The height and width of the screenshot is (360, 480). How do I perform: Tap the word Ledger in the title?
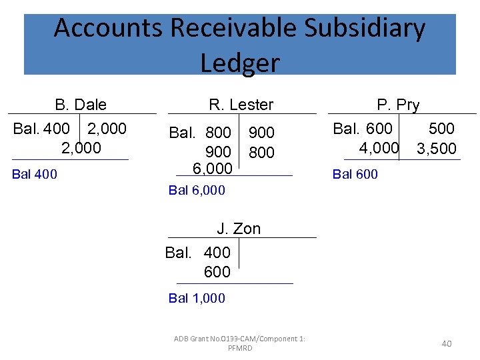click(x=239, y=63)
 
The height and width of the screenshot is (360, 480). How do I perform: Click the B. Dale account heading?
click(x=81, y=105)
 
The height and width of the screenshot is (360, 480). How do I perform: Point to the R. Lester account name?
click(x=241, y=105)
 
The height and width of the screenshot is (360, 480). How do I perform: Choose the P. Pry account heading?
click(x=398, y=105)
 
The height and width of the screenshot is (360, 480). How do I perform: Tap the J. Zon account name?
click(x=239, y=229)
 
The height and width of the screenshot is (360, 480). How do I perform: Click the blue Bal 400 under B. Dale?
click(x=35, y=175)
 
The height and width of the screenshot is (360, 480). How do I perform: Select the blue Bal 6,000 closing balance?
click(x=197, y=191)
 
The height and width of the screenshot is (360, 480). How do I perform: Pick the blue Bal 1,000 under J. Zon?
click(x=197, y=299)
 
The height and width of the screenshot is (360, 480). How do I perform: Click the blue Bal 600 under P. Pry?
click(x=355, y=175)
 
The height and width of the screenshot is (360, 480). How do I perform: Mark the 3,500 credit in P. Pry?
click(x=437, y=149)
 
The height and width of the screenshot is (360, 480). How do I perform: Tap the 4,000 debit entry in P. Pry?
click(x=379, y=147)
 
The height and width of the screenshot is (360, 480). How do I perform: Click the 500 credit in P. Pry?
click(x=441, y=129)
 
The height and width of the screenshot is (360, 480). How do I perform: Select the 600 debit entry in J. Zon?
click(x=217, y=272)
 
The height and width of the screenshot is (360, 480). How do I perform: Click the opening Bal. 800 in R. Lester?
click(x=200, y=133)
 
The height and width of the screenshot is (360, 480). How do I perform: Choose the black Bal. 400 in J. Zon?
click(x=198, y=253)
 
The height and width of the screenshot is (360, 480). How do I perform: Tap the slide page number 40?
click(x=446, y=343)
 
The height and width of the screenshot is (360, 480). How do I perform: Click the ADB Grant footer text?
click(x=239, y=343)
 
